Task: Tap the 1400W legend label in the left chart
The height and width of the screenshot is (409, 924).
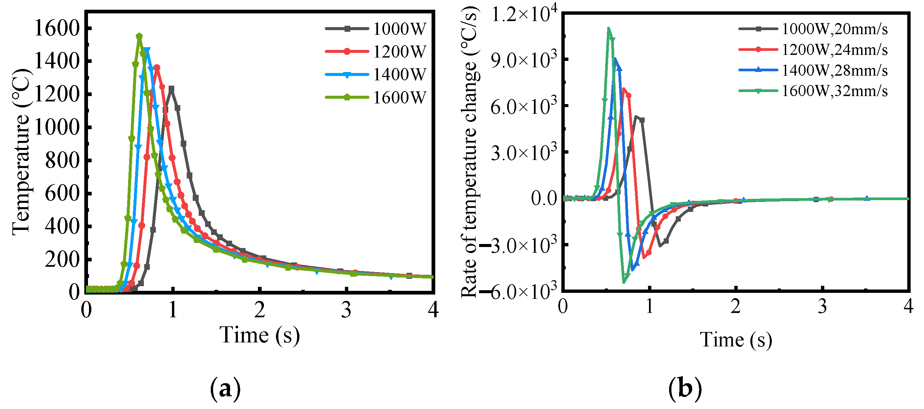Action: click(399, 75)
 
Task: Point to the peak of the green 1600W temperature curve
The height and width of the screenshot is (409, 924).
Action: click(140, 36)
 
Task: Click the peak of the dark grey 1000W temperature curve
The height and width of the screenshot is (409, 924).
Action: click(172, 88)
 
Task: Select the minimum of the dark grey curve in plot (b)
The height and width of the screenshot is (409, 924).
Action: click(660, 246)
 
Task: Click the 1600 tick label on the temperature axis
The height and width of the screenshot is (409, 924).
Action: click(56, 28)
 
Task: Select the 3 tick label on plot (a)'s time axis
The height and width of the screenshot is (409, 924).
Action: click(346, 310)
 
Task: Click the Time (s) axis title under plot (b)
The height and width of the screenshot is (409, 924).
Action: click(736, 339)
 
